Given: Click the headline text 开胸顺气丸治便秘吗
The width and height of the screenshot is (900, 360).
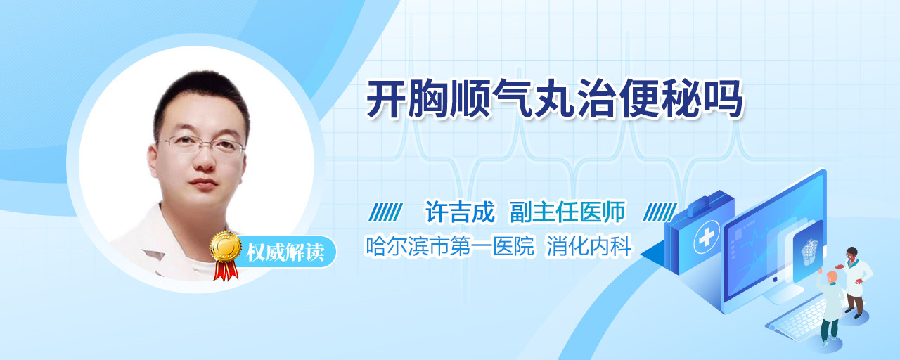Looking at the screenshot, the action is pos(555,99).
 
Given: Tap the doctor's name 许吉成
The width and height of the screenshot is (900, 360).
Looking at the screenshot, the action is pos(460,212).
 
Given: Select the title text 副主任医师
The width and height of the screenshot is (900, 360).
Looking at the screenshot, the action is pos(567,212).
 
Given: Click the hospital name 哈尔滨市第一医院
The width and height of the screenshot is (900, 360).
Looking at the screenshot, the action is pos(449,246).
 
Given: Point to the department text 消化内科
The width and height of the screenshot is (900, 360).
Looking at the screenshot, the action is pos(589,246).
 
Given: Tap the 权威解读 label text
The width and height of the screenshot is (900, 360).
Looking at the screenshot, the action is pos(285,252).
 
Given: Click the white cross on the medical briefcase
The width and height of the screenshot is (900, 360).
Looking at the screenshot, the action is pos(707,238).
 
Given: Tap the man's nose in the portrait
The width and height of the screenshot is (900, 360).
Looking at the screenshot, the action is pos(204,158).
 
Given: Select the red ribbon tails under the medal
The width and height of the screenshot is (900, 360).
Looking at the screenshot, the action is pos(226,271).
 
